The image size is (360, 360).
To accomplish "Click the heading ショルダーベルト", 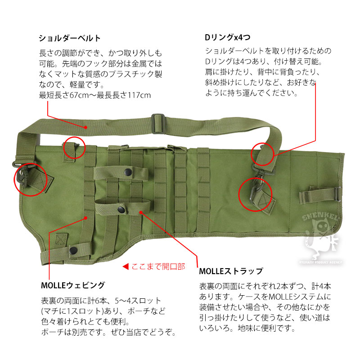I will (70, 38).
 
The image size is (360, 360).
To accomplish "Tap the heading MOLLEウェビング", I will (72, 285).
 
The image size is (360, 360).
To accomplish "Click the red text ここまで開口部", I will (158, 266).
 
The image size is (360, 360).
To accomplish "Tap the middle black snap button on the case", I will (122, 208).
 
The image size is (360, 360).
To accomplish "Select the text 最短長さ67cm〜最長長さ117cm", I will (95, 95).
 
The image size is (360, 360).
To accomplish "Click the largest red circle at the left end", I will (31, 179).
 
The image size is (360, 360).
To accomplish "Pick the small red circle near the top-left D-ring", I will (74, 148).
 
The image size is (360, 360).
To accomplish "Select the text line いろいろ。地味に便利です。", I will (247, 328).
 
